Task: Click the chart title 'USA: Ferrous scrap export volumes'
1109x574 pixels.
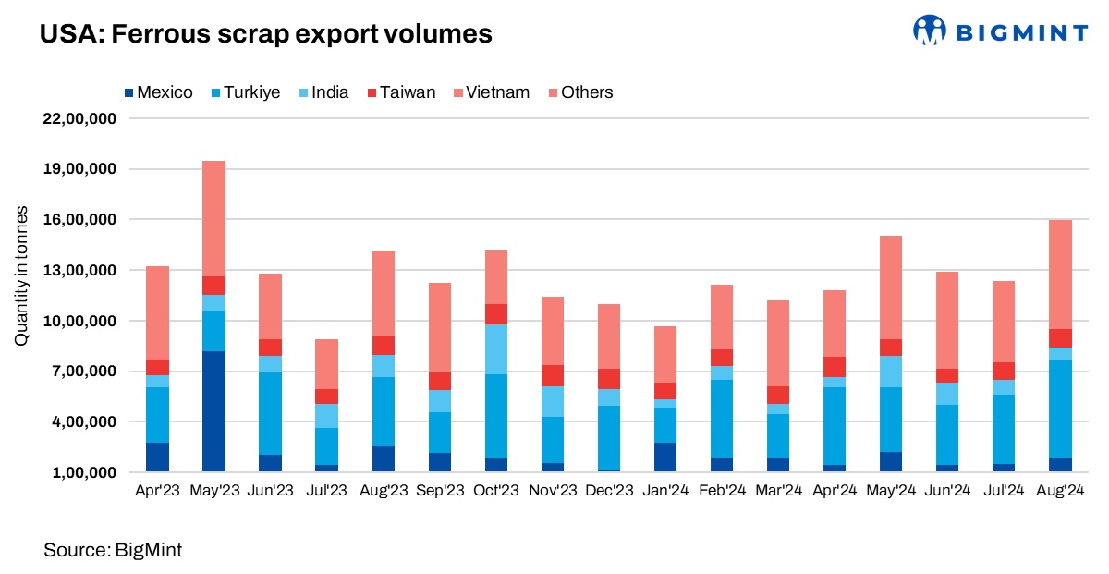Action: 266,34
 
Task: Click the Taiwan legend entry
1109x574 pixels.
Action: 401,92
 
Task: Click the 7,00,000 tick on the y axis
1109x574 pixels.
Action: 80,372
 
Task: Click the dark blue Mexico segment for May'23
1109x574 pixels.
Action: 213,411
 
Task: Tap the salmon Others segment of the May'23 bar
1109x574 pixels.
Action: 213,218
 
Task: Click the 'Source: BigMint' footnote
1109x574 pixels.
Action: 113,551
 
